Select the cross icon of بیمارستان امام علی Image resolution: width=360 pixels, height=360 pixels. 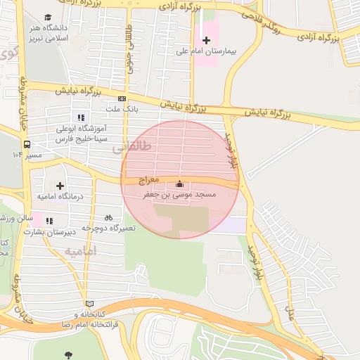(206, 40)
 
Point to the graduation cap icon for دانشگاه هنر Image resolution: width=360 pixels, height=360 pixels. (48, 18)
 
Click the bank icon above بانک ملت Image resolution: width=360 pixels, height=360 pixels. (122, 99)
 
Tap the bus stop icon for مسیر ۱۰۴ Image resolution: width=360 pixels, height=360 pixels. (27, 144)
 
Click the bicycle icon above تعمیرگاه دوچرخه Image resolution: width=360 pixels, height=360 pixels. (108, 217)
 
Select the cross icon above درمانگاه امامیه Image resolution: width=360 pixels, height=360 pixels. (60, 185)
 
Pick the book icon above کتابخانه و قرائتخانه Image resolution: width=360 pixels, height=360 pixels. (89, 304)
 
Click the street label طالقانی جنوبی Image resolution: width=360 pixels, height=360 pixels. (129, 41)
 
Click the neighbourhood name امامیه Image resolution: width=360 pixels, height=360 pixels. (79, 251)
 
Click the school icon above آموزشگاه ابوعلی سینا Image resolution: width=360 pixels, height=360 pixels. (81, 117)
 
